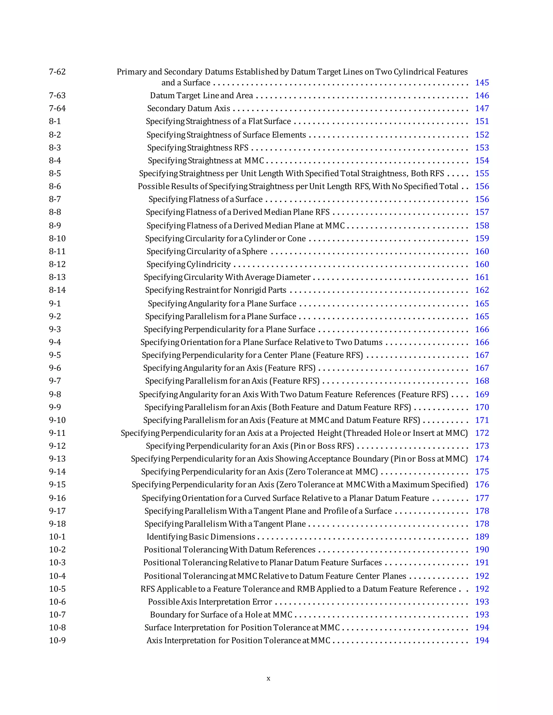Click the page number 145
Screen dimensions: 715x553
click(482, 83)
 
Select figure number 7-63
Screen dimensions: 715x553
click(57, 95)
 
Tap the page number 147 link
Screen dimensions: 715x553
click(482, 108)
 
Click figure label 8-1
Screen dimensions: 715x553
click(55, 121)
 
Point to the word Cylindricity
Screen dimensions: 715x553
click(208, 264)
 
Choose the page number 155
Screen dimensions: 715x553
click(482, 173)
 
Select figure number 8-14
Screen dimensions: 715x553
click(57, 290)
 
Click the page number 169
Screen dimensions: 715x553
click(482, 394)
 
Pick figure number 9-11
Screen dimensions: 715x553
click(57, 433)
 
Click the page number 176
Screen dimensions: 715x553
click(482, 485)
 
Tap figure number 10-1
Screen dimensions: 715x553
click(57, 537)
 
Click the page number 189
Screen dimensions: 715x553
click(482, 537)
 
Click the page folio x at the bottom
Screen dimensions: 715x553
click(268, 678)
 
